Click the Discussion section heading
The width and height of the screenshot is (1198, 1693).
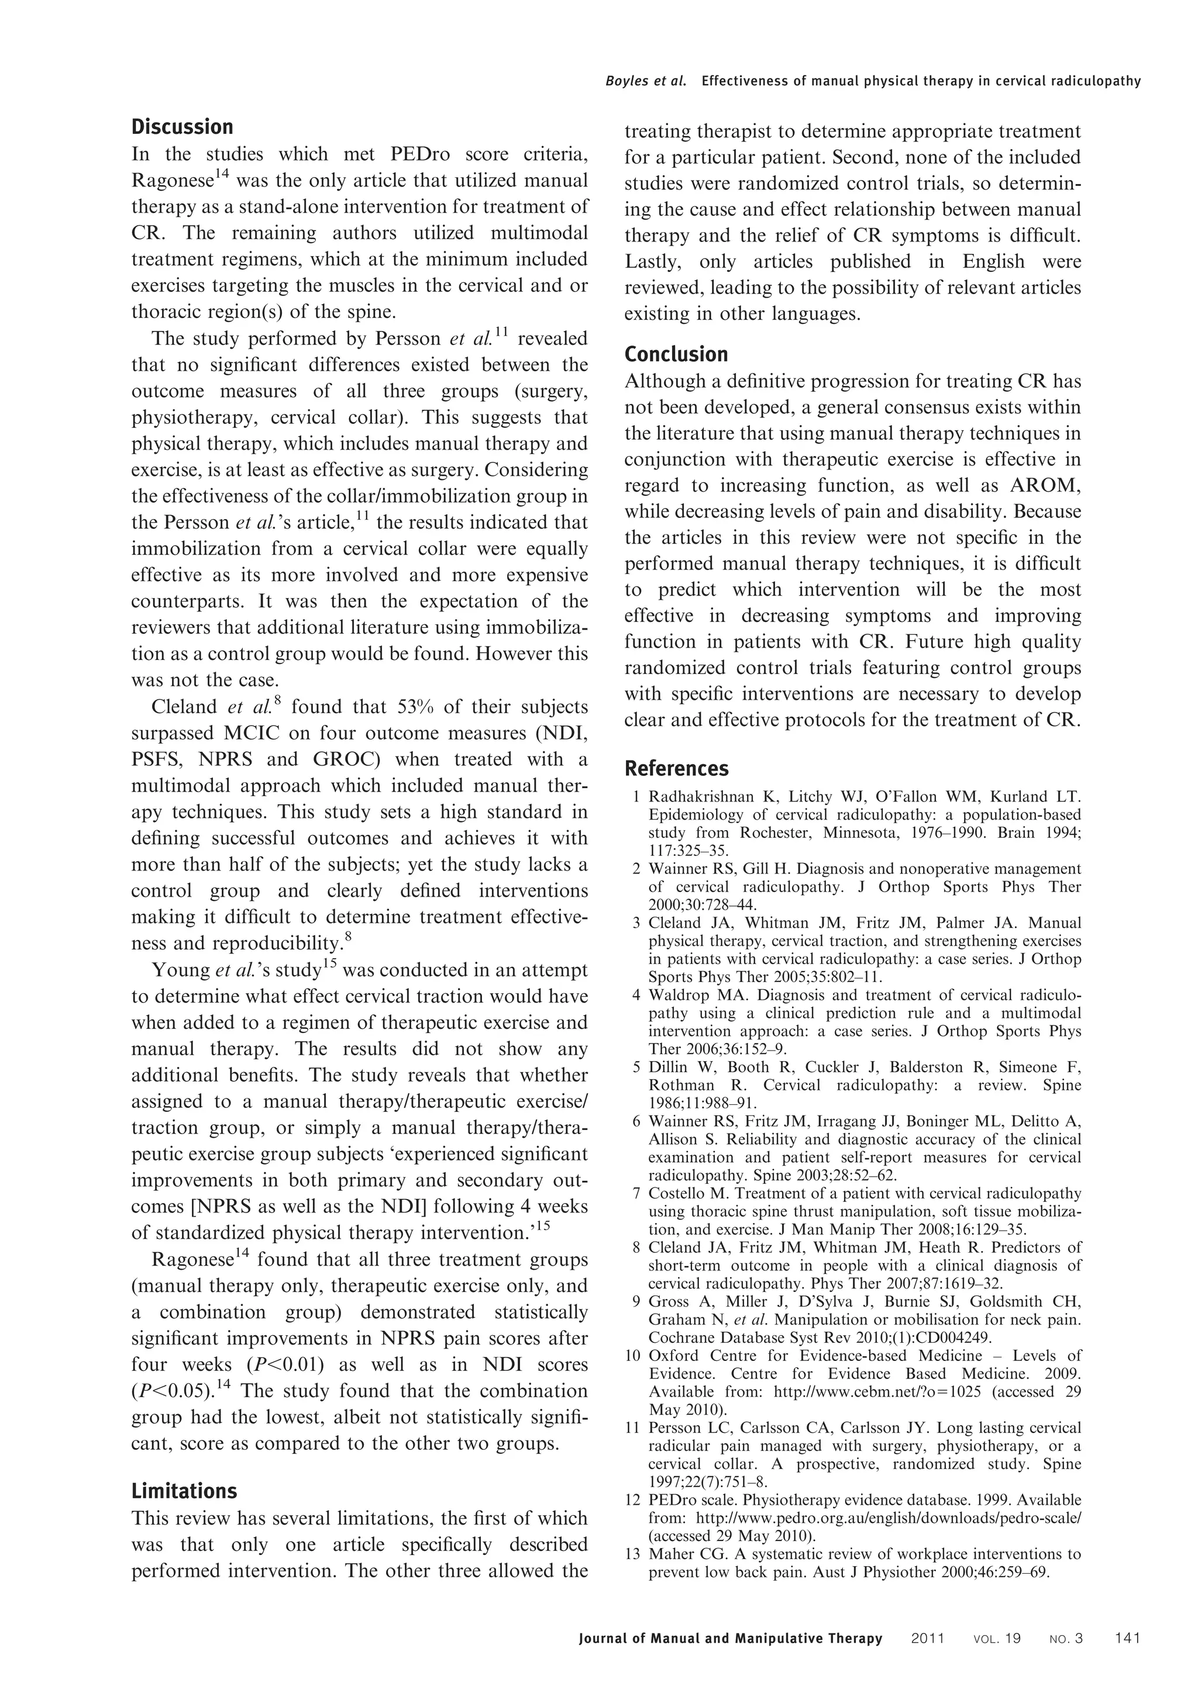182,127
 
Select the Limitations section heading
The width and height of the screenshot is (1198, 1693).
184,1491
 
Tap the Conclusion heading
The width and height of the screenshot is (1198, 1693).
676,355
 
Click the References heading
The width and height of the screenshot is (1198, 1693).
676,769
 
